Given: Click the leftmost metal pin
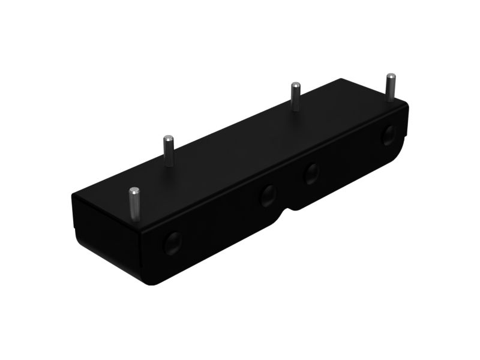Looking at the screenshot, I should tap(134, 204).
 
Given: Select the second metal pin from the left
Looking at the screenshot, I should tap(167, 151).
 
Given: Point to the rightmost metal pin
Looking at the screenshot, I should tap(391, 88).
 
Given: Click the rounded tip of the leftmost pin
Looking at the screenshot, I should tap(134, 191).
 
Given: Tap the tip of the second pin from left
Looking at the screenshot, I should tap(167, 139).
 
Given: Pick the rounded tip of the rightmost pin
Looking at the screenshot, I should tap(391, 76).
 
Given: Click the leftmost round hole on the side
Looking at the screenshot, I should tap(173, 242).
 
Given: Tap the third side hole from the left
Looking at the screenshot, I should tap(311, 174).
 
